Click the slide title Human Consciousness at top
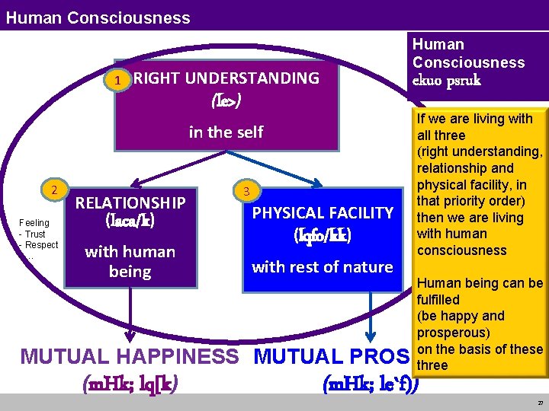[x=98, y=17]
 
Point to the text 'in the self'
[x=226, y=132]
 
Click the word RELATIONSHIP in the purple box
[x=130, y=202]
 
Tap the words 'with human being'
[x=130, y=261]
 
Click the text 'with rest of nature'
[x=322, y=266]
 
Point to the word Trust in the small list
[x=35, y=234]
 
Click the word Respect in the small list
[x=42, y=245]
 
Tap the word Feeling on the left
[x=34, y=223]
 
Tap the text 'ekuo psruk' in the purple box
[x=447, y=81]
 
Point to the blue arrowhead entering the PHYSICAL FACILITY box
[x=317, y=182]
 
